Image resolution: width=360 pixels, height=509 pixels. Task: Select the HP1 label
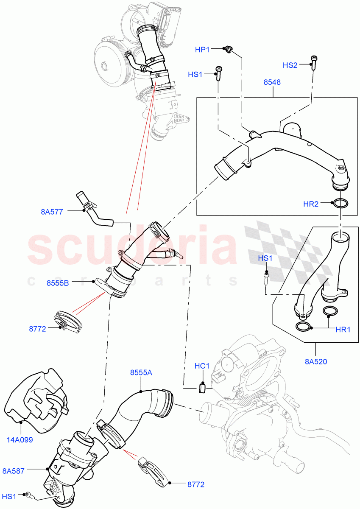202,50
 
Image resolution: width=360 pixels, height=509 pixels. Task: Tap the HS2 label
290,65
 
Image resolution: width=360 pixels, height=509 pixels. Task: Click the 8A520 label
316,361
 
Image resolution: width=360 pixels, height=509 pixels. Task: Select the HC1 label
202,366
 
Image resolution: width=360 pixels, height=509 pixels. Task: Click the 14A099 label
20,439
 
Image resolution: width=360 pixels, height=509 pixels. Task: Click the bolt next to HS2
314,62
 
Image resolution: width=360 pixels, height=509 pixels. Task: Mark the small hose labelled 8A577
94,211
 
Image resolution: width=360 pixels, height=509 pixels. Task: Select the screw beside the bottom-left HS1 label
28,495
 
